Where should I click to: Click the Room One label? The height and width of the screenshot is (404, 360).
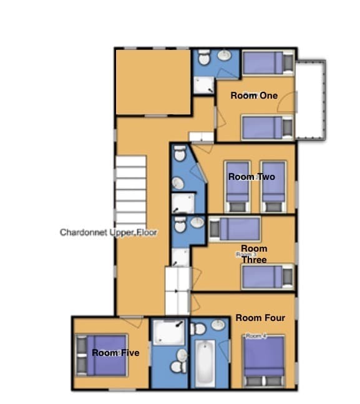click(x=253, y=96)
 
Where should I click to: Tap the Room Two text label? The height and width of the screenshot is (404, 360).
click(x=251, y=177)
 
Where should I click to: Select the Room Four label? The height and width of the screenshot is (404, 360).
click(x=260, y=318)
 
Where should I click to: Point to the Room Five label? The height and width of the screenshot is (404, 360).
click(x=115, y=353)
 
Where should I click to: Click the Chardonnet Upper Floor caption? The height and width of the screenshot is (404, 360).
click(x=109, y=232)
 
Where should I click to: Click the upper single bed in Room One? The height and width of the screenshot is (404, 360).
click(x=267, y=62)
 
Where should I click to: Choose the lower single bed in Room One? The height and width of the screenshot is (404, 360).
click(x=267, y=127)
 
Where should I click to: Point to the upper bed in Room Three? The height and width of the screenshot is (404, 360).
click(x=235, y=228)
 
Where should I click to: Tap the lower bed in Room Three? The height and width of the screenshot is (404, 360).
click(x=267, y=277)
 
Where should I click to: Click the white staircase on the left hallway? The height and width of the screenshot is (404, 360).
click(x=129, y=185)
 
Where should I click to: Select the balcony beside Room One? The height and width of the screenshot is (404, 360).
click(x=310, y=100)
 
